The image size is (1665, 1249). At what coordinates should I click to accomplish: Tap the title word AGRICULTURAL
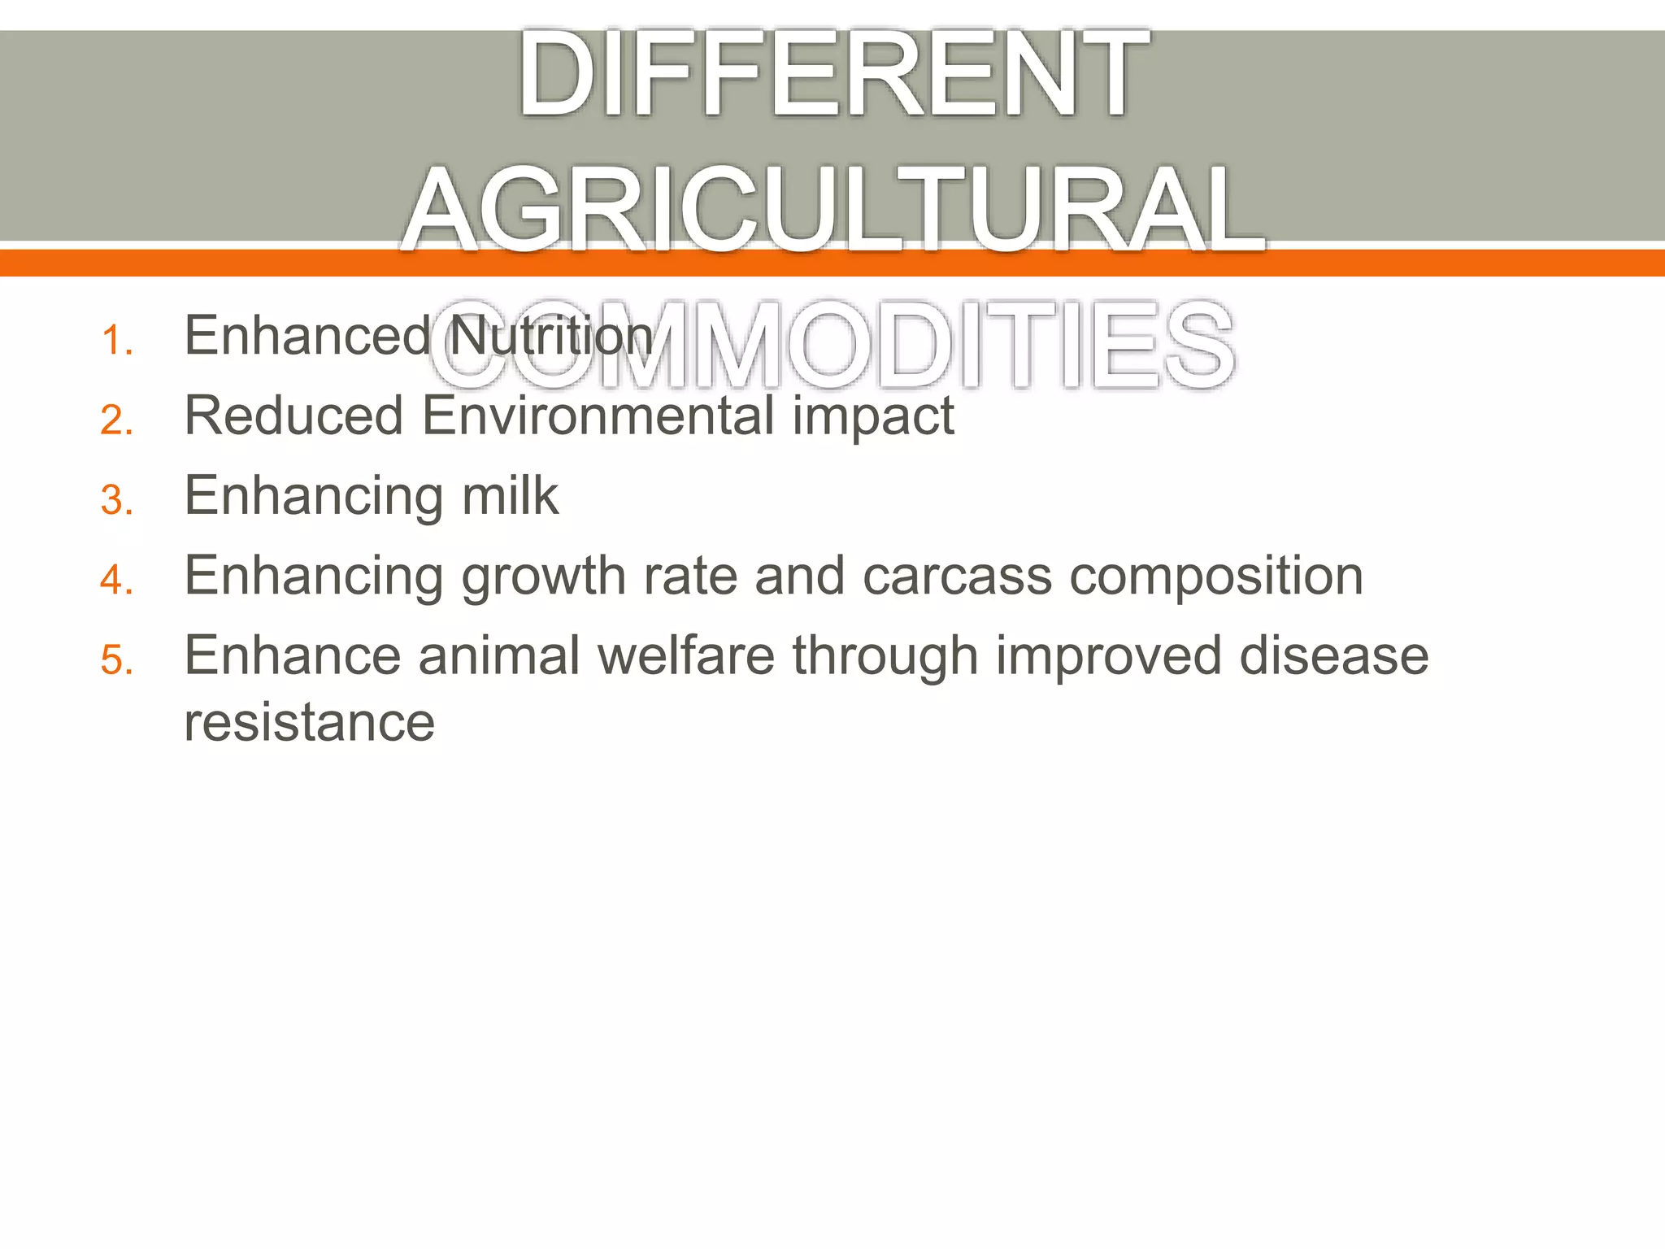832,210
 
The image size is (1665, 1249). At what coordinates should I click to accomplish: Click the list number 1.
116,341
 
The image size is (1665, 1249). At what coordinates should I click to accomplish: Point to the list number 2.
116,420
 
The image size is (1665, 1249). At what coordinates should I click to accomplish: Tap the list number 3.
116,500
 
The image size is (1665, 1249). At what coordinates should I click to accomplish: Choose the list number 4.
116,580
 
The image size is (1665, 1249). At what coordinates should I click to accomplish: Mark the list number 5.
116,659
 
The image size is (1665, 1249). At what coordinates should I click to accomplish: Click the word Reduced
293,416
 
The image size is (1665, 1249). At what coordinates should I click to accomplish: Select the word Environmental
598,416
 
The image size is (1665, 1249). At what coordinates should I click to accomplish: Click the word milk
510,495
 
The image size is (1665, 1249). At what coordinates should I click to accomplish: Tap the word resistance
310,722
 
